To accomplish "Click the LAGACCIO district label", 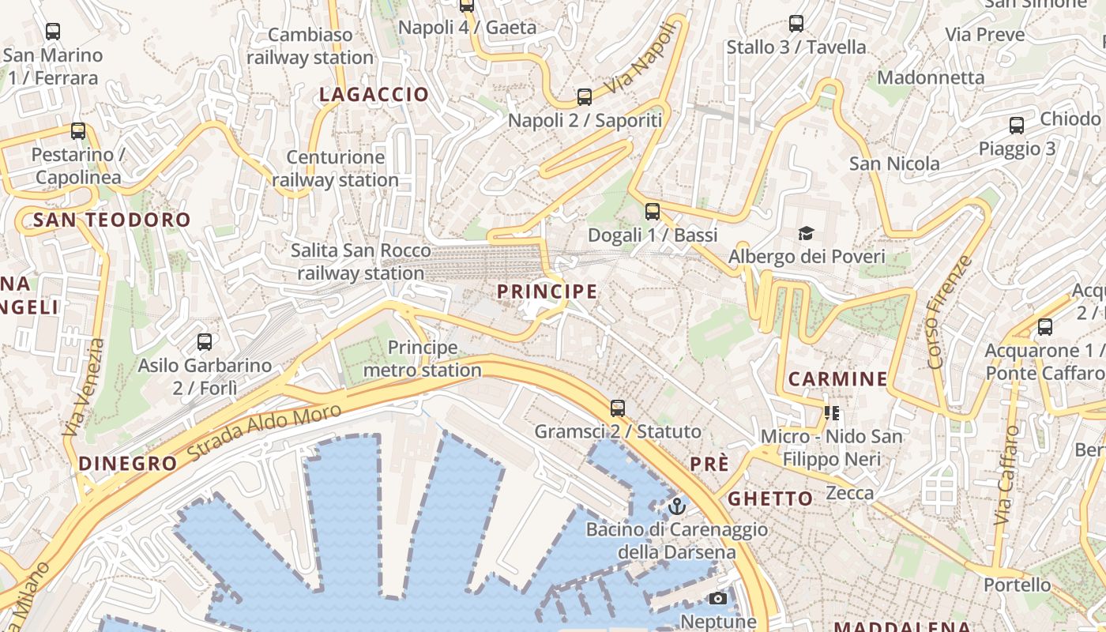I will click(x=374, y=95).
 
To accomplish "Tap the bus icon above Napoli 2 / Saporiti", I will click(x=585, y=97).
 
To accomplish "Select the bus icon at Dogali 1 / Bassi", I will click(x=653, y=211).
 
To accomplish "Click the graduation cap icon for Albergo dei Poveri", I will click(x=806, y=233).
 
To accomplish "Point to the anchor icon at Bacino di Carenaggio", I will click(x=676, y=506).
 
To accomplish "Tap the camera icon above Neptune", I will click(x=718, y=599).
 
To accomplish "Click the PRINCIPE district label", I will click(x=547, y=292).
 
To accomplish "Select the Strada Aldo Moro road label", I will click(x=265, y=432).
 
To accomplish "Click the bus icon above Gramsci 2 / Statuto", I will click(x=618, y=408).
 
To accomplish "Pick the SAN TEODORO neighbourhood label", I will click(x=112, y=220).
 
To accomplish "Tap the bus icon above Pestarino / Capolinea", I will click(x=78, y=131).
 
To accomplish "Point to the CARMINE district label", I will click(x=837, y=379).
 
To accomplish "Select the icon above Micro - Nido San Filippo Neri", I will click(x=831, y=413).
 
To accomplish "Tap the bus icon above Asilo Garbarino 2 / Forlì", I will click(x=205, y=342).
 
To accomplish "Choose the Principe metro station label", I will click(x=423, y=359).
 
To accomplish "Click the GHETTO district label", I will click(x=770, y=498).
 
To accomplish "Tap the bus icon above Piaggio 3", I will click(x=1017, y=126).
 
